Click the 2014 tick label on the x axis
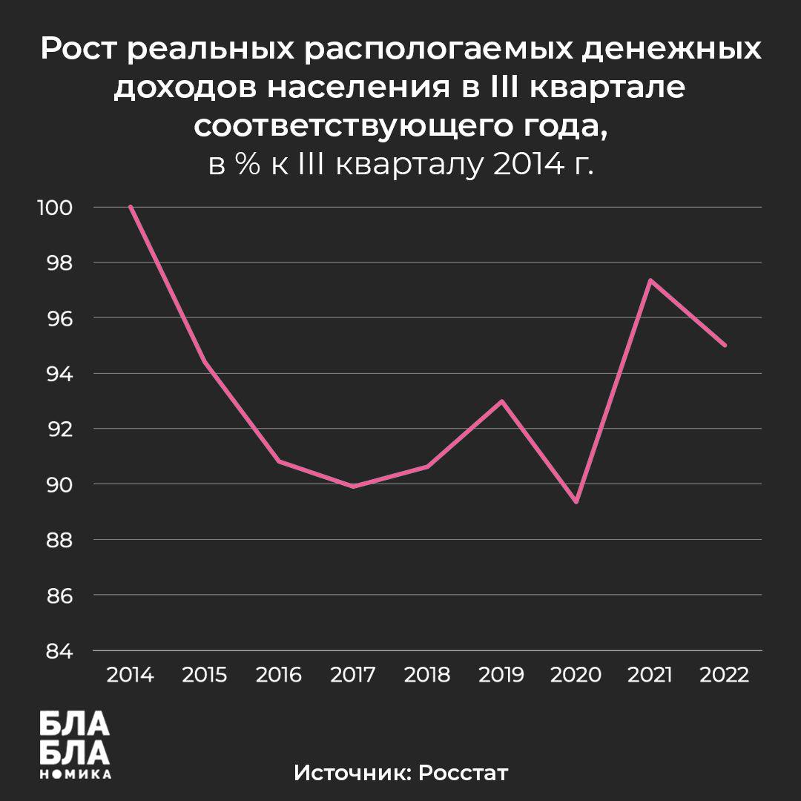pyautogui.click(x=131, y=675)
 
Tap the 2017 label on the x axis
pyautogui.click(x=353, y=675)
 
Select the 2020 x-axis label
pyautogui.click(x=576, y=675)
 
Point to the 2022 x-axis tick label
pyautogui.click(x=724, y=675)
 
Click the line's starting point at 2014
pyautogui.click(x=131, y=207)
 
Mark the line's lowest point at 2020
pyautogui.click(x=576, y=502)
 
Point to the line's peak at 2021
pyautogui.click(x=650, y=280)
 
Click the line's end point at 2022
pyautogui.click(x=724, y=345)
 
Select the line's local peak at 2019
pyautogui.click(x=502, y=401)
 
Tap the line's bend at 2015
pyautogui.click(x=205, y=362)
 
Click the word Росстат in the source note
pyautogui.click(x=464, y=772)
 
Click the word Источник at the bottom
pyautogui.click(x=352, y=772)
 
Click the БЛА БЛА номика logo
pyautogui.click(x=74, y=744)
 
